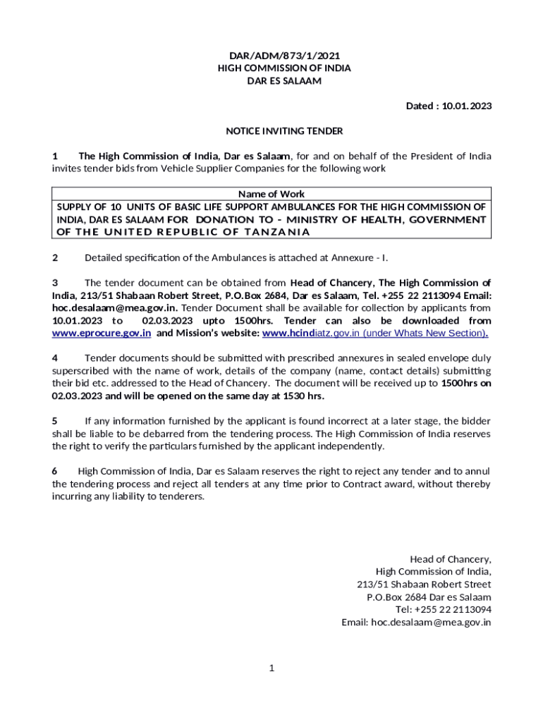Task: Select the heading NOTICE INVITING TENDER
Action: (x=283, y=131)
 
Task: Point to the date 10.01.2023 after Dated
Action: (x=467, y=106)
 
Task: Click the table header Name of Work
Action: (x=271, y=194)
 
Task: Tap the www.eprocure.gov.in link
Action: (x=102, y=333)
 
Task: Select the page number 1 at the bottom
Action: (x=271, y=668)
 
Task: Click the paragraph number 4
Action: (x=55, y=358)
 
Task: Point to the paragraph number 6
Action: (x=55, y=471)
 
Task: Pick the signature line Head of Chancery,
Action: (x=451, y=559)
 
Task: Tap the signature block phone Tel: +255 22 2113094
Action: (x=444, y=610)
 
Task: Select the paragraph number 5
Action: (x=55, y=421)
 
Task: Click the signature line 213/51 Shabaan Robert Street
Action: (x=425, y=585)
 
